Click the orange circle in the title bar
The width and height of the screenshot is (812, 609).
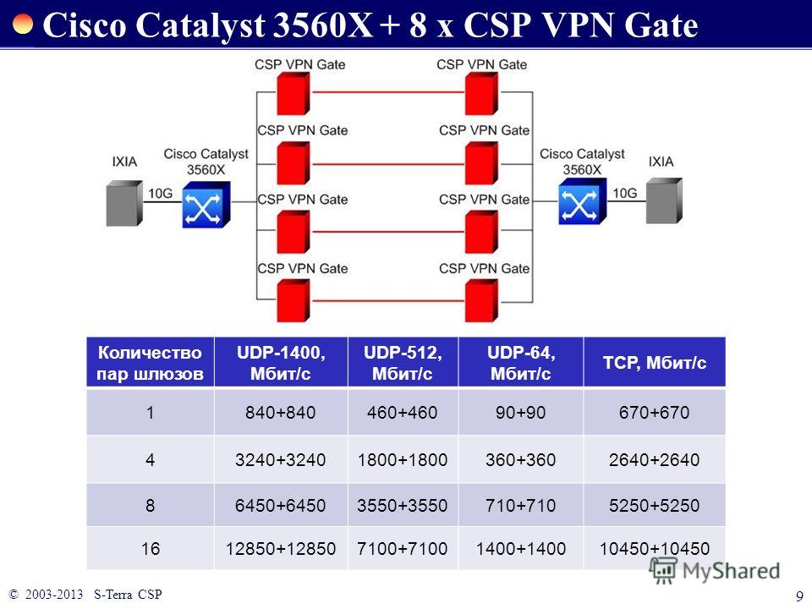(22, 24)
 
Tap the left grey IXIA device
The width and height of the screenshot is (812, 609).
(124, 203)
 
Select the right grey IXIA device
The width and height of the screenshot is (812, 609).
(664, 201)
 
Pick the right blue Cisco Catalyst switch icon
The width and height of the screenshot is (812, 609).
(582, 201)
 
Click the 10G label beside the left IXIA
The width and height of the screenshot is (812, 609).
(160, 193)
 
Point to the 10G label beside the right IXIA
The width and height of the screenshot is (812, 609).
(624, 193)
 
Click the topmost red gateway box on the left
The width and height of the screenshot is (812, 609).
(294, 93)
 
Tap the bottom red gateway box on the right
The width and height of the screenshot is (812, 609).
(481, 300)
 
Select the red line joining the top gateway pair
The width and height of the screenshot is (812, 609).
(388, 92)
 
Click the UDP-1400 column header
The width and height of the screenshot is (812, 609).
(281, 363)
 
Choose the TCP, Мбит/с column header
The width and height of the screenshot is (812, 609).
(655, 363)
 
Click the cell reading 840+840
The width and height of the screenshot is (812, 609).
(281, 412)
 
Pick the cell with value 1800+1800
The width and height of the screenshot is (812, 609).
(403, 459)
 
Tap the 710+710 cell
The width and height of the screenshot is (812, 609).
(520, 505)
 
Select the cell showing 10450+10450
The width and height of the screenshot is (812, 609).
(655, 548)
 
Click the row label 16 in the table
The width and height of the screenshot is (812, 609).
(151, 548)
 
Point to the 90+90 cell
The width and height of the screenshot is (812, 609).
(520, 412)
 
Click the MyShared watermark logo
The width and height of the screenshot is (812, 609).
(715, 571)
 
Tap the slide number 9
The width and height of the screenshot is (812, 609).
(799, 595)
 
